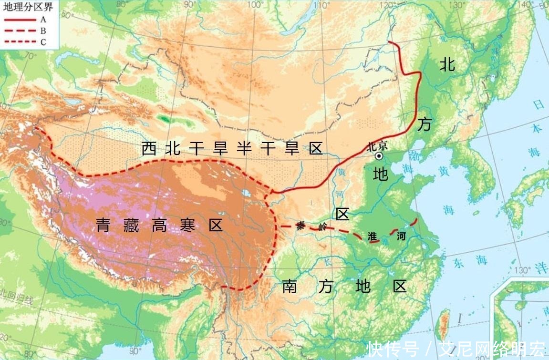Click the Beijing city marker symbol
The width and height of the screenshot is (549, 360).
coord(379,156)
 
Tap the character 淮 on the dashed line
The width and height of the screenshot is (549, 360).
coord(373,236)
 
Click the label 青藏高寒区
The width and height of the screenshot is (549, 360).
coord(159,225)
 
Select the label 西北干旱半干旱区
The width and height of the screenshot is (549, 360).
coord(232,149)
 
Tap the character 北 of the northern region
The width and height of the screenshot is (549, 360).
coord(447,64)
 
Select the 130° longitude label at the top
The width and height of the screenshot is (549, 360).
coord(460,5)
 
